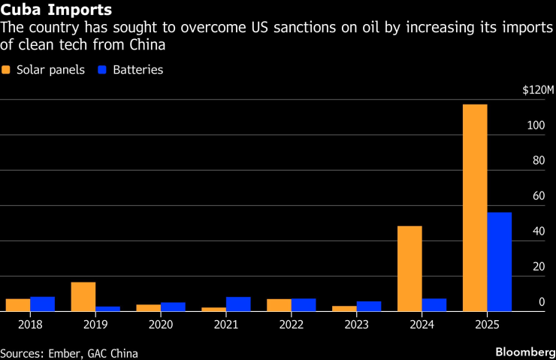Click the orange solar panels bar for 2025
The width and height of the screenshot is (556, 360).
tap(475, 207)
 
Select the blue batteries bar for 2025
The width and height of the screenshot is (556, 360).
tap(500, 262)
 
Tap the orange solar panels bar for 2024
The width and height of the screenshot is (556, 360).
tap(409, 268)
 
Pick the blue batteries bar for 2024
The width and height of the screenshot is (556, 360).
tap(434, 304)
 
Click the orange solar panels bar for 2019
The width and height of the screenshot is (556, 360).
tap(83, 296)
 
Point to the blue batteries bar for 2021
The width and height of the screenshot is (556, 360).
tap(238, 304)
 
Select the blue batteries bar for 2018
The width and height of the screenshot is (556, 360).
tap(43, 304)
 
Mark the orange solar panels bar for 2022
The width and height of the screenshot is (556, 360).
tap(279, 305)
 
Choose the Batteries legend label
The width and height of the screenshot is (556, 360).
tap(137, 70)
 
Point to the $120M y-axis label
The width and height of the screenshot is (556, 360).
tap(538, 90)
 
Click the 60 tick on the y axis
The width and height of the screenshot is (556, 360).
tap(538, 196)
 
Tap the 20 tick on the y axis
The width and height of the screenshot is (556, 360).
tap(538, 267)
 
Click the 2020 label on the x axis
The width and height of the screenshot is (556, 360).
tap(161, 325)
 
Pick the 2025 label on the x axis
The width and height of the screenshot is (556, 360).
tap(487, 325)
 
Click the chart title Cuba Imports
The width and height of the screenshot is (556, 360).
tap(57, 11)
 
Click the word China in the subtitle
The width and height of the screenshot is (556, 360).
tap(144, 45)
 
